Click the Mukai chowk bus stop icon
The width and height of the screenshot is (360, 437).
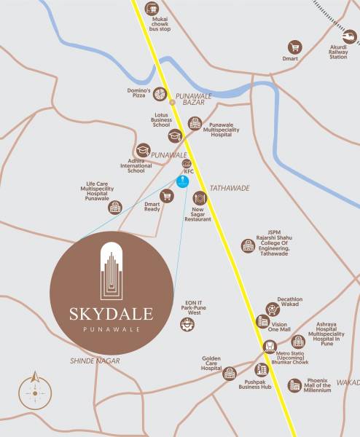(x=151, y=9)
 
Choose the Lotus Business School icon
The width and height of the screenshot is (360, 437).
(x=175, y=135)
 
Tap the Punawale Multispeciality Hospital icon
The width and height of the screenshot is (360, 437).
(x=195, y=123)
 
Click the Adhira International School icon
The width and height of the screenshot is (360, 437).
(x=143, y=150)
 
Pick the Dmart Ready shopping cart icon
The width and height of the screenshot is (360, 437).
(x=167, y=196)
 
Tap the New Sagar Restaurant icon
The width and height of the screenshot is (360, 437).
(x=200, y=197)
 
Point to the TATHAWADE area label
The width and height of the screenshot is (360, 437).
(x=230, y=188)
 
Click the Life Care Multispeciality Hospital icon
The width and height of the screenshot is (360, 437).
(x=114, y=208)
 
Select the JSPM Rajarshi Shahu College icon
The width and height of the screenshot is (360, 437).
(x=249, y=246)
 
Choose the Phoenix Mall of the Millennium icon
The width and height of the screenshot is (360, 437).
(x=294, y=385)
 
